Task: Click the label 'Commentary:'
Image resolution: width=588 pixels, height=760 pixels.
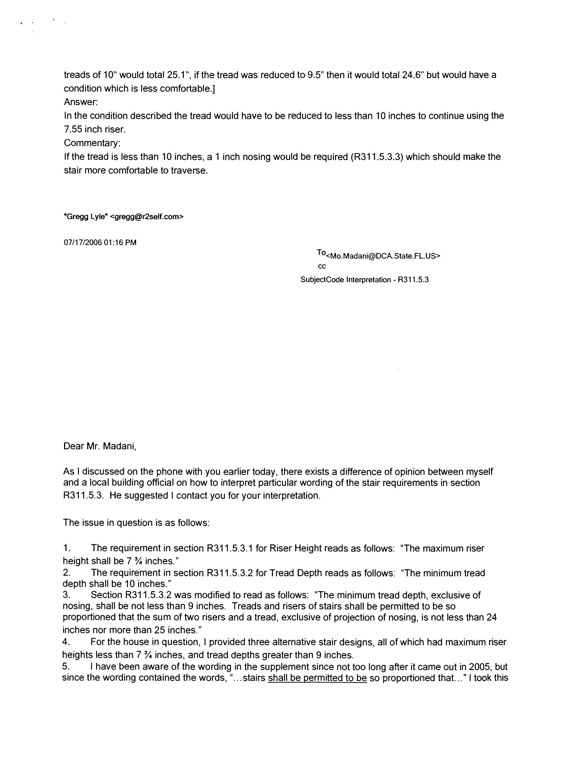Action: tap(92, 143)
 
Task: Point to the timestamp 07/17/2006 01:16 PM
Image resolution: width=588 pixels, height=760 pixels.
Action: tap(100, 243)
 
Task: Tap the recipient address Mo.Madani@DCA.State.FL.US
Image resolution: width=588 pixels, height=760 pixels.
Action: tap(383, 256)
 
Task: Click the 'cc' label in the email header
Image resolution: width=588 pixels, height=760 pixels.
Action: tap(322, 267)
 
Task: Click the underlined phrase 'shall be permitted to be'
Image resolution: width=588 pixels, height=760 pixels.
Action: tap(317, 678)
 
